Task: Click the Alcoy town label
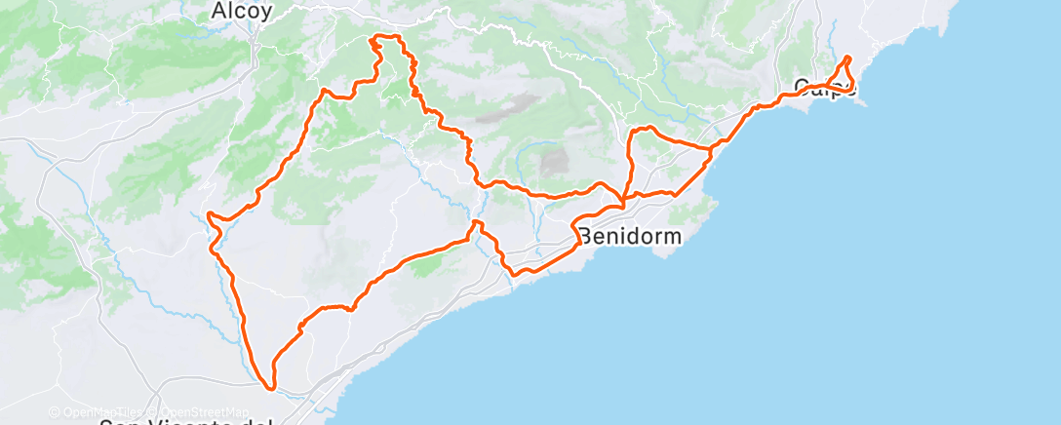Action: (x=242, y=12)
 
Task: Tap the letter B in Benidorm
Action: (x=585, y=236)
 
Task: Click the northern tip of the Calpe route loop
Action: (x=846, y=58)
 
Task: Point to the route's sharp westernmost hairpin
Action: (x=209, y=213)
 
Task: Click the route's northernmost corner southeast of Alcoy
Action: (x=373, y=38)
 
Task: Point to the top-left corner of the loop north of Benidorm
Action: (x=635, y=130)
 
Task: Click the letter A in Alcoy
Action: (x=219, y=12)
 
